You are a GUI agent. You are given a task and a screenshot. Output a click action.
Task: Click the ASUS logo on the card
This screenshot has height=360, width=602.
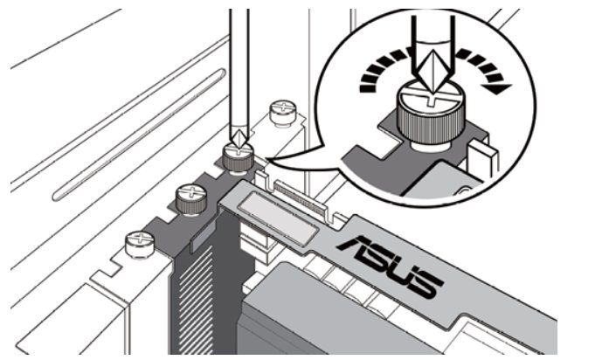(390, 267)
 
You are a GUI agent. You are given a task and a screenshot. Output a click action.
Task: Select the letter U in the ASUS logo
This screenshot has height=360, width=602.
(402, 273)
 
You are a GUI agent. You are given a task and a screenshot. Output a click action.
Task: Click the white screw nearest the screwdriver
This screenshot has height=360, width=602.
(283, 111)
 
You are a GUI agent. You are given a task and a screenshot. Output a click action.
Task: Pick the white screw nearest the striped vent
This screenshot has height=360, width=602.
(140, 244)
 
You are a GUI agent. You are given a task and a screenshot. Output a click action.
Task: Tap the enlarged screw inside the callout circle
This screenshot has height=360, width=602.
(431, 115)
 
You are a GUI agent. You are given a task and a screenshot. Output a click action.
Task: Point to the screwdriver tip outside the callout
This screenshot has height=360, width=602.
(239, 140)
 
